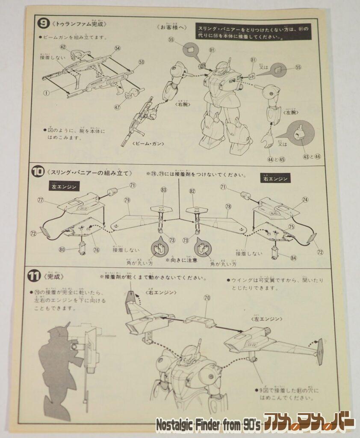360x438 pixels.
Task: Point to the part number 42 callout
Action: tap(63, 47)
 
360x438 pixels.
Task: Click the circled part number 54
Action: tap(118, 49)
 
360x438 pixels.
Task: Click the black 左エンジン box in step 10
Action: tap(63, 187)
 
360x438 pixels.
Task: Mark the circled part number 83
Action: tap(164, 190)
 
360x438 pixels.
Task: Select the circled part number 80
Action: tap(63, 250)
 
